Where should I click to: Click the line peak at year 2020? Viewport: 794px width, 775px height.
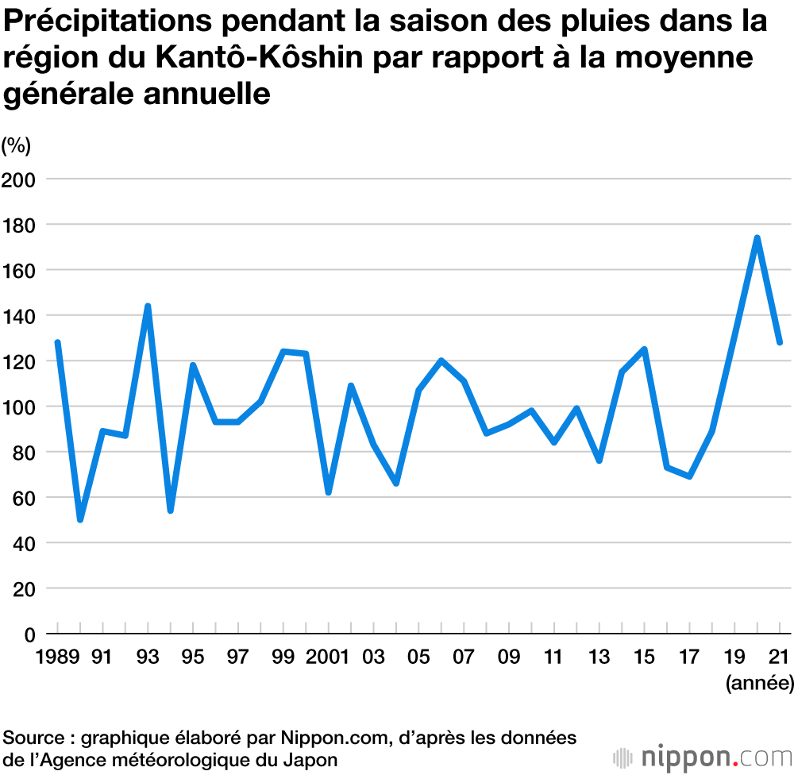pyautogui.click(x=757, y=237)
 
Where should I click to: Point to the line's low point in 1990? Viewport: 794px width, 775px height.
pyautogui.click(x=80, y=520)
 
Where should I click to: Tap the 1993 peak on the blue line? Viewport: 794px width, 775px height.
pyautogui.click(x=148, y=306)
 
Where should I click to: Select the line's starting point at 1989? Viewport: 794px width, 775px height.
pyautogui.click(x=57, y=342)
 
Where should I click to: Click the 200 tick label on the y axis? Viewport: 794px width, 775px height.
pyautogui.click(x=19, y=179)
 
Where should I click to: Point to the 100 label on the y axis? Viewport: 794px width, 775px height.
pyautogui.click(x=19, y=407)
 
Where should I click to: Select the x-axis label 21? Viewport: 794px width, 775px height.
pyautogui.click(x=780, y=657)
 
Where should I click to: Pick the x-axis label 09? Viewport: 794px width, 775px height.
pyautogui.click(x=509, y=657)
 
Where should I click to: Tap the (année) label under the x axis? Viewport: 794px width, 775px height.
pyautogui.click(x=759, y=682)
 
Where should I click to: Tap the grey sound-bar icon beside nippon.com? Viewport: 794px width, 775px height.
pyautogui.click(x=625, y=757)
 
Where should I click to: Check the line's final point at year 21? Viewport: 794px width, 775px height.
pyautogui.click(x=780, y=343)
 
